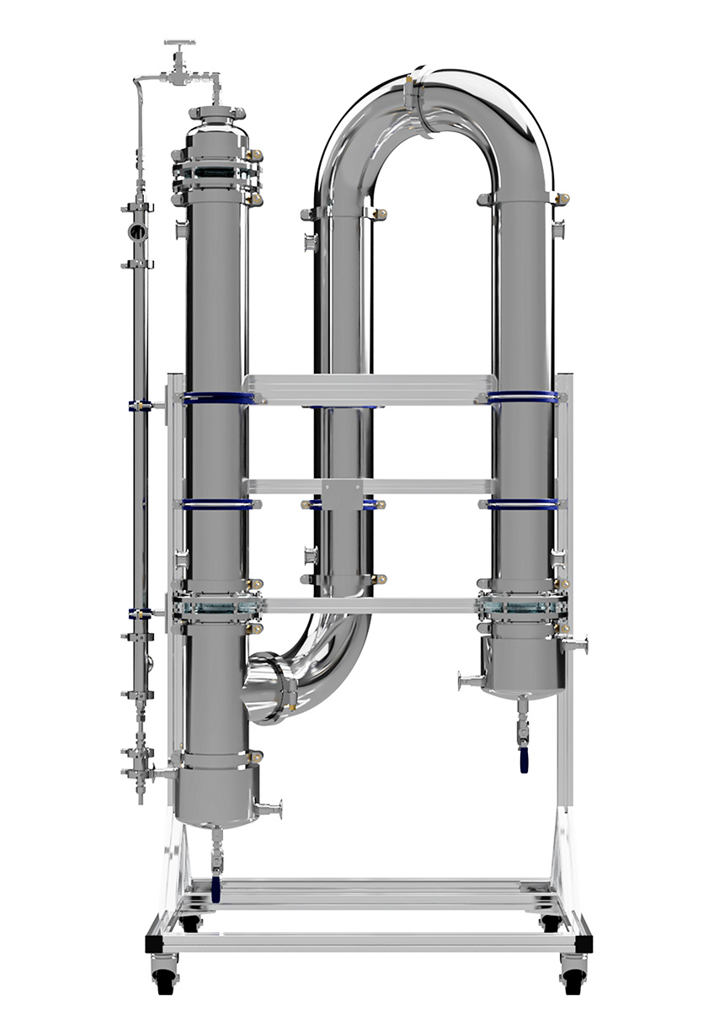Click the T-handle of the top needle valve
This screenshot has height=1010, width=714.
point(180,43)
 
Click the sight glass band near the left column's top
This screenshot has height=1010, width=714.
point(216,178)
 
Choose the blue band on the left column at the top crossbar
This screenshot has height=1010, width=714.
point(217,398)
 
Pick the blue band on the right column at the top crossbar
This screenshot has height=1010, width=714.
point(523,397)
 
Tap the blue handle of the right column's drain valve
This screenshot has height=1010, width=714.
point(524,763)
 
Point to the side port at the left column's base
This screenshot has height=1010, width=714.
point(271,811)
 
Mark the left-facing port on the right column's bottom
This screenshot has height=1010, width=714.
point(467,679)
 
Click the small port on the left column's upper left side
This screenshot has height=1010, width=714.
point(180,230)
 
